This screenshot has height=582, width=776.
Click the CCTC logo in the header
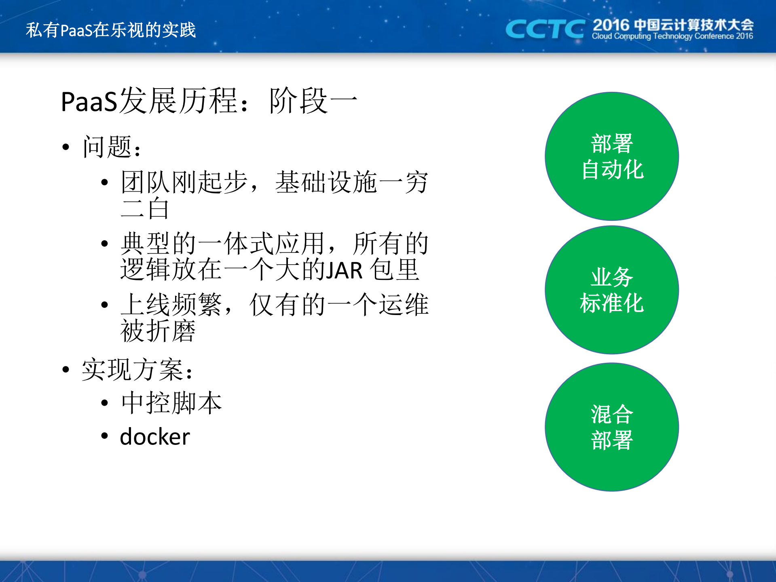[x=544, y=29]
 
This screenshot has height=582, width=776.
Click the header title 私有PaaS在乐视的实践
[x=111, y=30]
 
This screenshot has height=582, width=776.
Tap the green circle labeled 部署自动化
[x=612, y=156]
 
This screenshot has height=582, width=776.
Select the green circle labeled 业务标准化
[x=612, y=290]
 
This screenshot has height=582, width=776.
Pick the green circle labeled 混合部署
[x=612, y=427]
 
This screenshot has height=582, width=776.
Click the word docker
[x=155, y=437]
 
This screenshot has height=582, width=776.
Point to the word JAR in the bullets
[x=344, y=271]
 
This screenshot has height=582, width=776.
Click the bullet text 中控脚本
[x=171, y=403]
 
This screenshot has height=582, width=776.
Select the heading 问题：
[x=112, y=147]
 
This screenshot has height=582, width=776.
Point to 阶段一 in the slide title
[x=313, y=101]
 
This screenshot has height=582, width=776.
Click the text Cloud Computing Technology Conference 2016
[x=672, y=36]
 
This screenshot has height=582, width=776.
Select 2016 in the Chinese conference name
[x=611, y=25]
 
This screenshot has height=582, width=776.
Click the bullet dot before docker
[x=105, y=436]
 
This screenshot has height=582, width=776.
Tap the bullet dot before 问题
[x=66, y=147]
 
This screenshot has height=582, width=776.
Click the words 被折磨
[x=158, y=331]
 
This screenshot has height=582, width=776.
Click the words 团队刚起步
[x=184, y=182]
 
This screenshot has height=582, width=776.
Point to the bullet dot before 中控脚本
[x=105, y=403]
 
